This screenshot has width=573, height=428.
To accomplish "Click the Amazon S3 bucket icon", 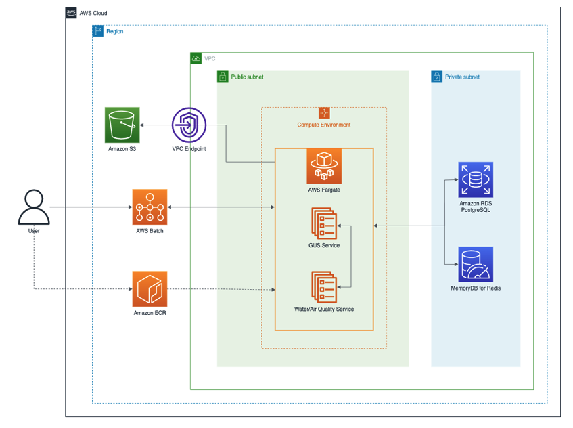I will click(122, 125).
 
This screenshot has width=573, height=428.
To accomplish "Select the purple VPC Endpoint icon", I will click(189, 125).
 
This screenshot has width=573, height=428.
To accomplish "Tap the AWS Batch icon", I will click(150, 206).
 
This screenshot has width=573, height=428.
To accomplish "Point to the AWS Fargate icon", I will click(324, 166).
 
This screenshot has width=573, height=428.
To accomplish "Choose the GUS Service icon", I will click(323, 223).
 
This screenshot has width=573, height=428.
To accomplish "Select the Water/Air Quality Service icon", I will click(323, 287).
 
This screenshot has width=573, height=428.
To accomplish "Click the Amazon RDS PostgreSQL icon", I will click(476, 179).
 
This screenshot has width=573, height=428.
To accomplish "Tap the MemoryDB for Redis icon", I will click(476, 264).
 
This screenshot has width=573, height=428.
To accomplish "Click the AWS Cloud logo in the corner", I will click(71, 13).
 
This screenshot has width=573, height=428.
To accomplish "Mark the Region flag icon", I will click(98, 31).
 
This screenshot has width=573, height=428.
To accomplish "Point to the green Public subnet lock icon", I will click(223, 77).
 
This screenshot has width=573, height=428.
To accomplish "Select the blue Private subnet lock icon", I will click(437, 77).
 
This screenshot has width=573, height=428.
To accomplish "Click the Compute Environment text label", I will click(323, 125).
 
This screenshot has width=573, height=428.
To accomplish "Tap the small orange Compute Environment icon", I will click(324, 113).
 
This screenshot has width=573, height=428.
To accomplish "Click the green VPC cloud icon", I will click(196, 58).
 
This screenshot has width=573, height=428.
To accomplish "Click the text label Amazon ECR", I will click(150, 312).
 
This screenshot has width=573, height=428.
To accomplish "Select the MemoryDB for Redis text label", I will click(476, 288).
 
